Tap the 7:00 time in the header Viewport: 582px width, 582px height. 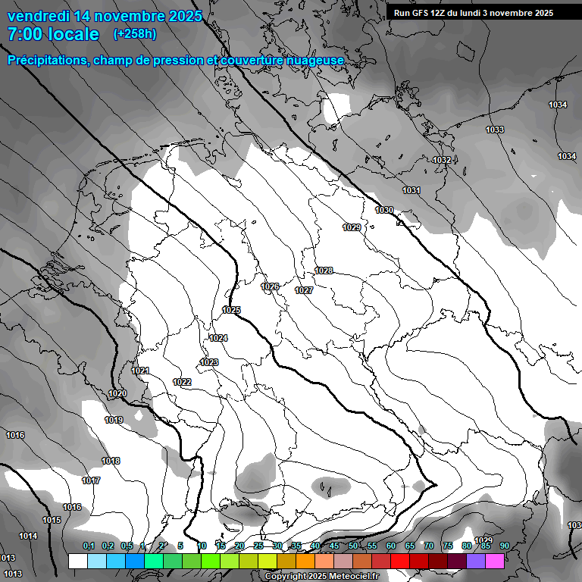coord(28,34)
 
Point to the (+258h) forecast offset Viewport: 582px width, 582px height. coord(135,34)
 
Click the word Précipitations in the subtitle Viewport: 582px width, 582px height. coord(45,60)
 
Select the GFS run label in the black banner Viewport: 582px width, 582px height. coord(473,13)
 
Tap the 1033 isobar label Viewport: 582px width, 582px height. coord(495,130)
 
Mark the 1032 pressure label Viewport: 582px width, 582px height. coord(442,160)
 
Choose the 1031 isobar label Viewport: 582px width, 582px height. coord(411,190)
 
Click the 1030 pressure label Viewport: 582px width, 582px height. coord(384,210)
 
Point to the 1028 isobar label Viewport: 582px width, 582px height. coord(324,271)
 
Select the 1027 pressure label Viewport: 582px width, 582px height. coord(304,290)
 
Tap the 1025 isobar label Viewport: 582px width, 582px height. coord(231,310)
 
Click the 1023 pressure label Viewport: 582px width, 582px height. coord(209,362)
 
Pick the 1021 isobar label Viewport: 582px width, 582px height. coord(140,371)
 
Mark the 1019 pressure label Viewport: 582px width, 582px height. coord(114,420)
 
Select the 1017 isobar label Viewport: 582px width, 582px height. coord(92,481)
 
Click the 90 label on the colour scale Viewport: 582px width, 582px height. coord(504,546)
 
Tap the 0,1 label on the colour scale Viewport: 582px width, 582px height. coord(89,546)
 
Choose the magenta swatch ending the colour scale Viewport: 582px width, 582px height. coord(495,561)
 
